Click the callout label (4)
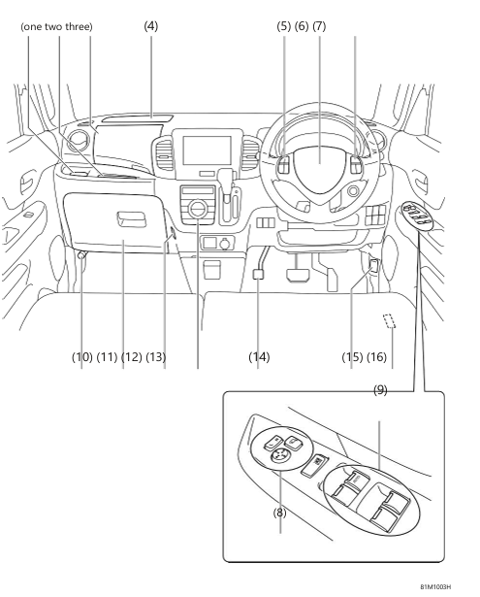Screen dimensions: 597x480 pyautogui.click(x=151, y=25)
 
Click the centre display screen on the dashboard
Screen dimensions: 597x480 pyautogui.click(x=207, y=152)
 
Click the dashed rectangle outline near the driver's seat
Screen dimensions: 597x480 pyautogui.click(x=391, y=322)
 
